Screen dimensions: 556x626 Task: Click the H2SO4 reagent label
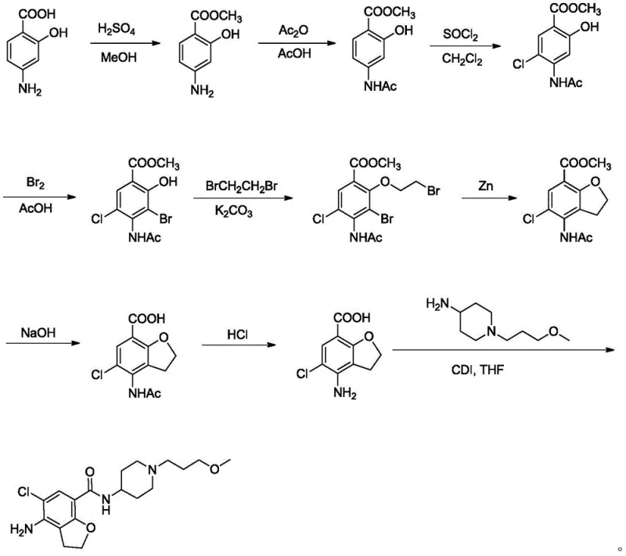click(x=115, y=30)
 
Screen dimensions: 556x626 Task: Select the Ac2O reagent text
click(x=292, y=30)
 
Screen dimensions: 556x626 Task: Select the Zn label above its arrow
click(x=487, y=186)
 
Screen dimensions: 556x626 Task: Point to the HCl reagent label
click(x=238, y=333)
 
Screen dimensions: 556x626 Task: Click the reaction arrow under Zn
click(x=487, y=200)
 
